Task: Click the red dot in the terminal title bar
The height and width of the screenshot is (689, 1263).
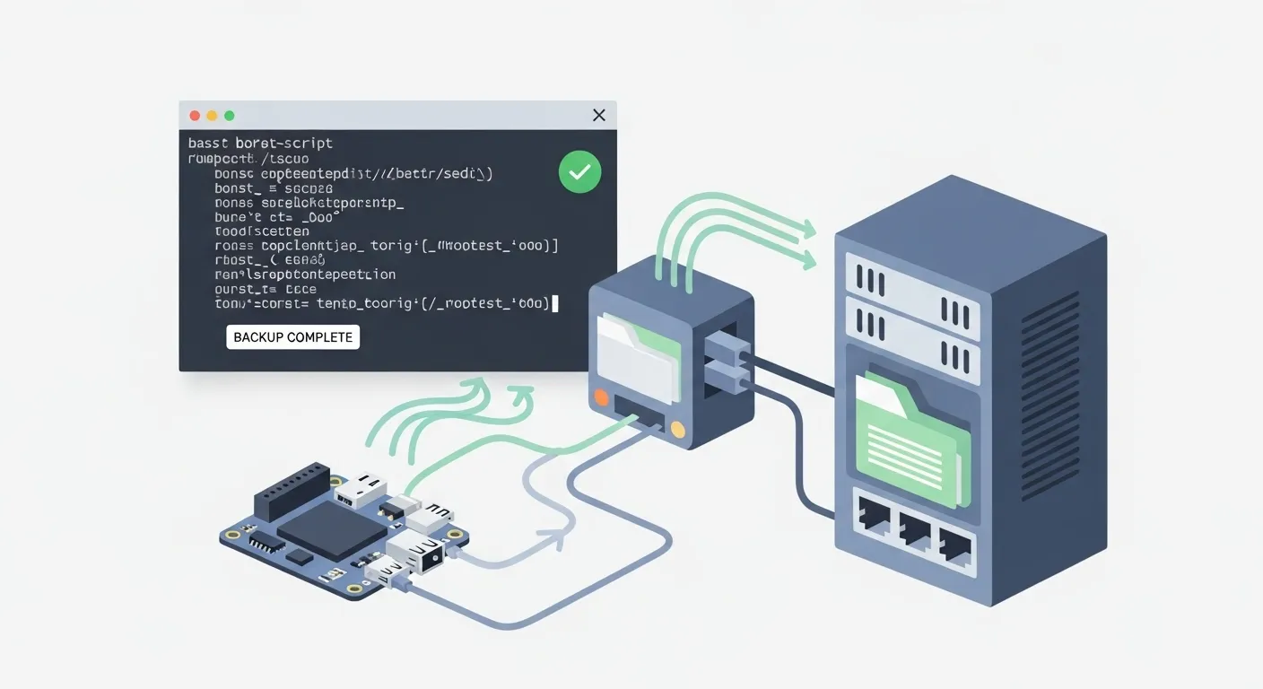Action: pos(195,116)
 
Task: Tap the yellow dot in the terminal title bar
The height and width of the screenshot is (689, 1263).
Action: pos(212,116)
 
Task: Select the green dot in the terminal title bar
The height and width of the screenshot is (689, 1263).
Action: pos(229,116)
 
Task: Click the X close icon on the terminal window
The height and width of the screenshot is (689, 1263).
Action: pos(599,115)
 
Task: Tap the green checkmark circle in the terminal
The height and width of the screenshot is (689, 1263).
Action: pos(579,172)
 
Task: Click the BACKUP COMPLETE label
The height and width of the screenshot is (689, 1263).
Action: pos(292,337)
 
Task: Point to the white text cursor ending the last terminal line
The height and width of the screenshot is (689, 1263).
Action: pos(555,303)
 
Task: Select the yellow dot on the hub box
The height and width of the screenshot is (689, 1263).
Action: pos(677,431)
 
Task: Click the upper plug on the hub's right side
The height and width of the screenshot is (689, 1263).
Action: pos(722,345)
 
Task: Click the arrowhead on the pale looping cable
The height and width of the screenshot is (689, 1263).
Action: pos(558,538)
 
